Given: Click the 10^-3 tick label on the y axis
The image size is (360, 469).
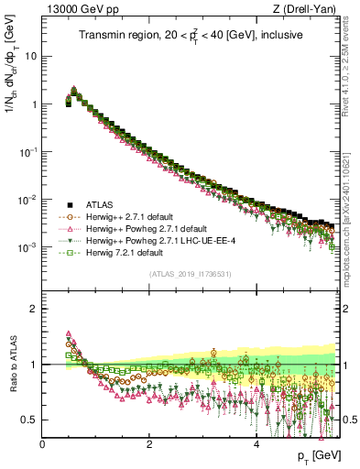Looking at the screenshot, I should coord(27,248).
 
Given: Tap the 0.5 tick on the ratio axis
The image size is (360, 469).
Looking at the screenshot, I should coord(29,420).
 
